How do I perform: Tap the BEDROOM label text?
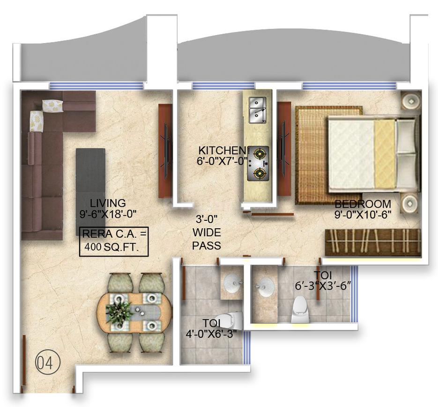coord(363,204)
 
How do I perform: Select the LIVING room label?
coord(108,203)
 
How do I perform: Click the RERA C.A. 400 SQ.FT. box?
coord(113,241)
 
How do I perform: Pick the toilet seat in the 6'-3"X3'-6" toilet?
coord(299,312)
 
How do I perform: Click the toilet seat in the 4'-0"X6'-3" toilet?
coord(227,320)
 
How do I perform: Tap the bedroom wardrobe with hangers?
coord(373,242)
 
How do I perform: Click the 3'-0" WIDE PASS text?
coord(207,232)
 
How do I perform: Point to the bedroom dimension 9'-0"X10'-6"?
coord(363,215)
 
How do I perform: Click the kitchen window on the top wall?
coord(223,86)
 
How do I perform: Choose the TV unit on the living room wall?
coord(165,150)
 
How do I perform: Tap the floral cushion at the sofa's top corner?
coord(52,106)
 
